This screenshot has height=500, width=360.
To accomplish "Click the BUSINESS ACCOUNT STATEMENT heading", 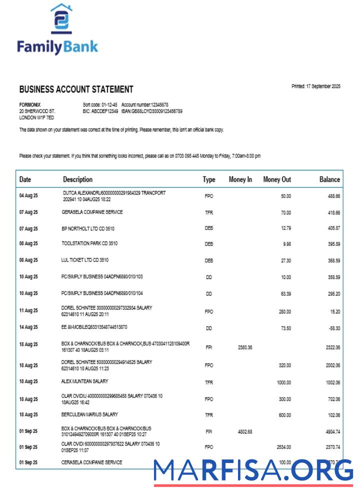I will [76, 89].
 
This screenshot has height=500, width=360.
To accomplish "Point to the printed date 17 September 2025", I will [315, 86].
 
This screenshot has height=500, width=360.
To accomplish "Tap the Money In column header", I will [240, 179].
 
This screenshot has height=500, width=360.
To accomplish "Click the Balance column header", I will [329, 179].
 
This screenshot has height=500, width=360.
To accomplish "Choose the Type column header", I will [209, 179].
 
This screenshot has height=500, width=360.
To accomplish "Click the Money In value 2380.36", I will [243, 347].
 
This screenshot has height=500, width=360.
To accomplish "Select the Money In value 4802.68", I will [243, 431].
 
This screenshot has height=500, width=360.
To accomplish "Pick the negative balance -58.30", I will [333, 328].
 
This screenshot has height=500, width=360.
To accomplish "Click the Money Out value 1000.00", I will [284, 382].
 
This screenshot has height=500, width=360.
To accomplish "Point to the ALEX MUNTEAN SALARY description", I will [85, 381].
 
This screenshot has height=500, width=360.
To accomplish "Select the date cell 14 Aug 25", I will [28, 327].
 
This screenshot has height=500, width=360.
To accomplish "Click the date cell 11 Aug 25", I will [28, 310].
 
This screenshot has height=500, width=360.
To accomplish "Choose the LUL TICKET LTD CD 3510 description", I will [85, 260].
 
